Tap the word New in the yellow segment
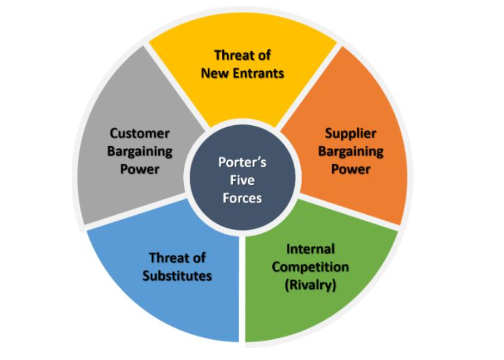[213, 73]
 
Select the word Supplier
[351, 133]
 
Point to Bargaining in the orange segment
[351, 151]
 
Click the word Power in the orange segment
[351, 169]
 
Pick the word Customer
[140, 133]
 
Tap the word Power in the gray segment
[140, 169]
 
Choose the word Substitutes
[177, 276]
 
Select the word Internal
[310, 249]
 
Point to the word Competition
[310, 267]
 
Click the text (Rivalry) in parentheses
[310, 285]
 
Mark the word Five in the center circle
[242, 181]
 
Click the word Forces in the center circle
[242, 198]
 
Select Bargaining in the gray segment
[140, 151]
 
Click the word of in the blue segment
[199, 258]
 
